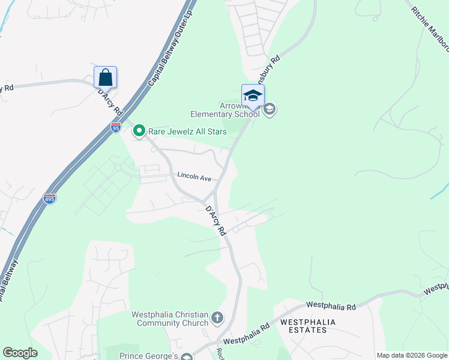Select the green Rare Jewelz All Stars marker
point(139,130)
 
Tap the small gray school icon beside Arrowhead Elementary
point(270,109)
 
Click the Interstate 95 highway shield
point(116,127)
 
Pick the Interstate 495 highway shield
point(49,198)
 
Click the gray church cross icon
point(217,317)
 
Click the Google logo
point(20,353)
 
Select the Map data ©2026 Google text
point(411,355)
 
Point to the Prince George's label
point(150,356)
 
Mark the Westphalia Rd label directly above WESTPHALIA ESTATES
point(331,306)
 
